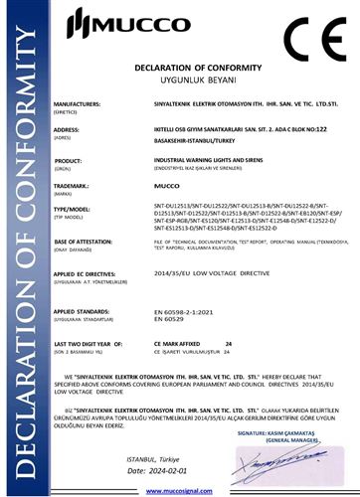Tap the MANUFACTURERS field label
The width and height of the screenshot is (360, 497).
79,103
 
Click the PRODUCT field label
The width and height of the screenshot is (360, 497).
68,160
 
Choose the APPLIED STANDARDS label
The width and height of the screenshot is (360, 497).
81,311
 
